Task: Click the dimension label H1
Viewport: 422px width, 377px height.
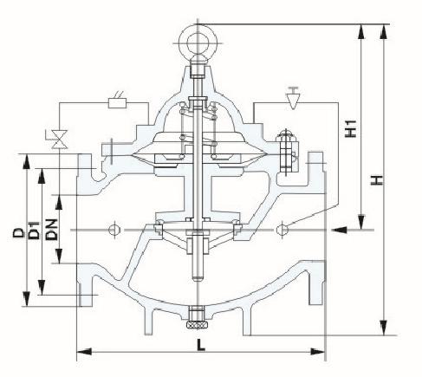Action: pos(352,129)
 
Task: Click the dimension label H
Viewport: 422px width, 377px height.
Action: pos(377,180)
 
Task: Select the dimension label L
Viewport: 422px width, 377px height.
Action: pos(201,345)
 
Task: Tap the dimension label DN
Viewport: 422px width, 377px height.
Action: pos(52,230)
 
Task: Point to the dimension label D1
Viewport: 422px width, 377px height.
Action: pos(34,231)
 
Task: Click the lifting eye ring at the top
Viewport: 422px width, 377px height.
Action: pos(198,42)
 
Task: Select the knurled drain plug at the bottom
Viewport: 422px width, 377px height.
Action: pos(198,325)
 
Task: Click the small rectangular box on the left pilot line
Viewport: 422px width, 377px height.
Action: pos(117,103)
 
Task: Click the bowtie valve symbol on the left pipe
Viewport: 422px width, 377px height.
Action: pos(60,140)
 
